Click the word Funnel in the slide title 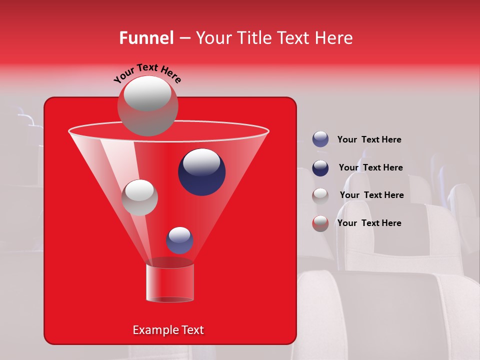pyautogui.click(x=146, y=38)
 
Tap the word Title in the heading pyautogui.click(x=253, y=38)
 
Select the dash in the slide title pyautogui.click(x=184, y=38)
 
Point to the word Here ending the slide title pyautogui.click(x=333, y=38)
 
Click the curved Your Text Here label pyautogui.click(x=147, y=73)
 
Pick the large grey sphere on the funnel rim pyautogui.click(x=147, y=105)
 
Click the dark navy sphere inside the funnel pyautogui.click(x=201, y=171)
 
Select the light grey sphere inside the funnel pyautogui.click(x=139, y=197)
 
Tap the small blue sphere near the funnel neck pyautogui.click(x=180, y=240)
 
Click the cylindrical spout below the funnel pyautogui.click(x=170, y=282)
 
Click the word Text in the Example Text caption pyautogui.click(x=192, y=330)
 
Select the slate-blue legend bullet pyautogui.click(x=320, y=139)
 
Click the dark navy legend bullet pyautogui.click(x=320, y=168)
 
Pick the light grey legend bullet pyautogui.click(x=320, y=195)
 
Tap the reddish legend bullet pyautogui.click(x=320, y=223)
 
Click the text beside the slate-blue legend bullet pyautogui.click(x=369, y=139)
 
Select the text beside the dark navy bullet pyautogui.click(x=370, y=167)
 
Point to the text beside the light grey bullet pyautogui.click(x=371, y=195)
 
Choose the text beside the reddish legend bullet pyautogui.click(x=369, y=223)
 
